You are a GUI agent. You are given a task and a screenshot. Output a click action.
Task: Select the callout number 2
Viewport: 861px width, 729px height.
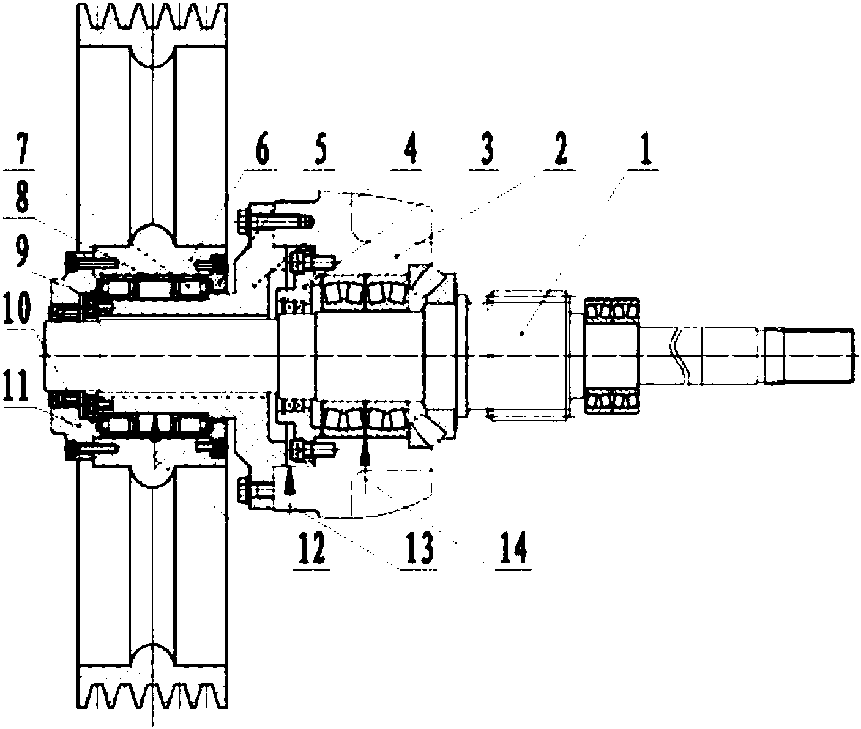pyautogui.click(x=561, y=150)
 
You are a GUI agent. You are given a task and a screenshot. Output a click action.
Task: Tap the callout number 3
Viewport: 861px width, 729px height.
pyautogui.click(x=486, y=150)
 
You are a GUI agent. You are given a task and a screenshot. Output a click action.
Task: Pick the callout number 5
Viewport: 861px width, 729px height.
pyautogui.click(x=320, y=150)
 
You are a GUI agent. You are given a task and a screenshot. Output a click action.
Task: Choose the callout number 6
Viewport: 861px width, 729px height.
pyautogui.click(x=261, y=151)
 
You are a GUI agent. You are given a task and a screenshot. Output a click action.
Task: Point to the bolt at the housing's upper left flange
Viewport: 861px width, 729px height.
pyautogui.click(x=274, y=221)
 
